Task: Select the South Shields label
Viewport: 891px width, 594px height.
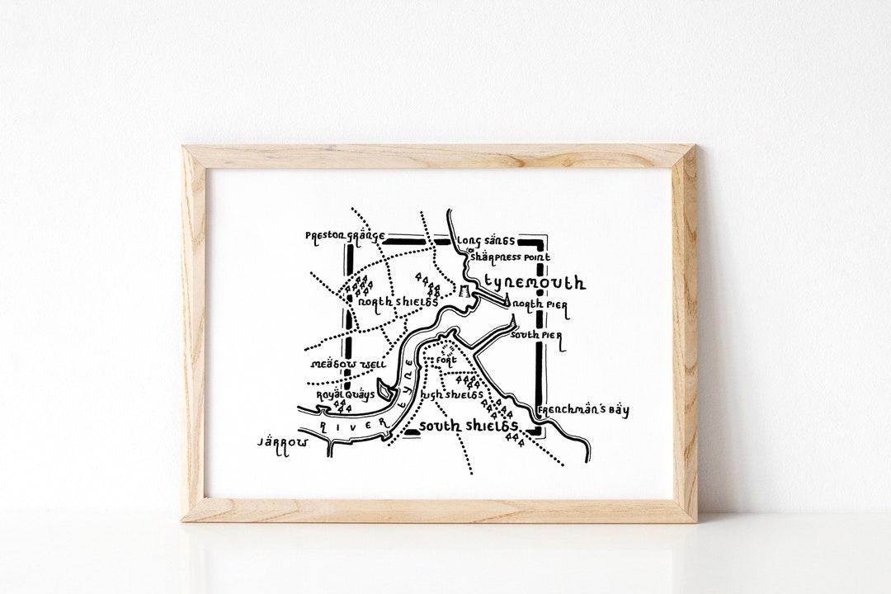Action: pos(469,426)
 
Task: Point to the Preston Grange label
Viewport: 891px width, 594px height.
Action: pos(345,236)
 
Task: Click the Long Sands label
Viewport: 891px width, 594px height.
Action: pos(486,241)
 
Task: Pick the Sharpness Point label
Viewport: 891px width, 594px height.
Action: pos(508,257)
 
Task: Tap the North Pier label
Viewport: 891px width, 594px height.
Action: pos(540,304)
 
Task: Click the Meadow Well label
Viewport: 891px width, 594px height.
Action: pos(336,364)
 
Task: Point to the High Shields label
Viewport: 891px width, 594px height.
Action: pos(451,395)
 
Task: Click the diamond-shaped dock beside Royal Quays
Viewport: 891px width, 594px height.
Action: pos(384,389)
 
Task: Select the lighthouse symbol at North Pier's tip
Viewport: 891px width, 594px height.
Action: pos(511,306)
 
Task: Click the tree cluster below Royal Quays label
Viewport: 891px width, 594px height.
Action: pos(345,408)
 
